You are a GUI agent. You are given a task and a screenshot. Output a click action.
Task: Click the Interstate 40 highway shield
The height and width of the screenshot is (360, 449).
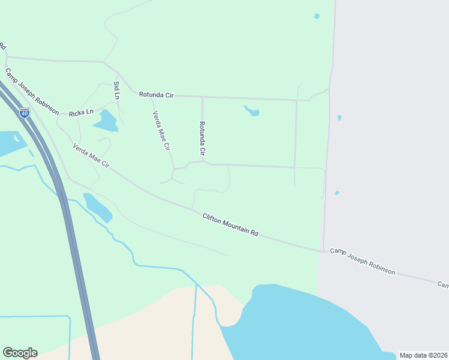[24, 112]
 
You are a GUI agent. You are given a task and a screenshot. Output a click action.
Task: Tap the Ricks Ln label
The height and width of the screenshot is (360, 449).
[81, 113]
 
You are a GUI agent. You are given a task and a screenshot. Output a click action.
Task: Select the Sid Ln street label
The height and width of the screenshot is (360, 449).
[116, 90]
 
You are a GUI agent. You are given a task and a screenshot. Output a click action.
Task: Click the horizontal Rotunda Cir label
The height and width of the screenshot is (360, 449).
[156, 95]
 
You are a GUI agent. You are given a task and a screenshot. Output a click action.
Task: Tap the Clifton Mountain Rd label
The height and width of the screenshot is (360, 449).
[230, 224]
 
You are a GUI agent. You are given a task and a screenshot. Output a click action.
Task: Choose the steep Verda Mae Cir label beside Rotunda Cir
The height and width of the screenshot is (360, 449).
[161, 130]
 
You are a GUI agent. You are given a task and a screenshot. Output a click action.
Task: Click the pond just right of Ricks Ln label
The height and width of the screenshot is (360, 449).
[107, 121]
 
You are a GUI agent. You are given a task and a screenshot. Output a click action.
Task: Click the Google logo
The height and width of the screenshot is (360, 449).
[20, 353]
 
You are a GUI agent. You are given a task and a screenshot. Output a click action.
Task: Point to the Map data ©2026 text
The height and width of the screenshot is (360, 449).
[423, 355]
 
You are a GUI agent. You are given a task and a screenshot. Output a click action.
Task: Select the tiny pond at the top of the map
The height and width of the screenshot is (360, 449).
[316, 16]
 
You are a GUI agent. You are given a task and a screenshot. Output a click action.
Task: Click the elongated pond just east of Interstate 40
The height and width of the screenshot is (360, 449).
[97, 207]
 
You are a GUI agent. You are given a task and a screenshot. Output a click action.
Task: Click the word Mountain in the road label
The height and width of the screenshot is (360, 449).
[235, 226]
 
